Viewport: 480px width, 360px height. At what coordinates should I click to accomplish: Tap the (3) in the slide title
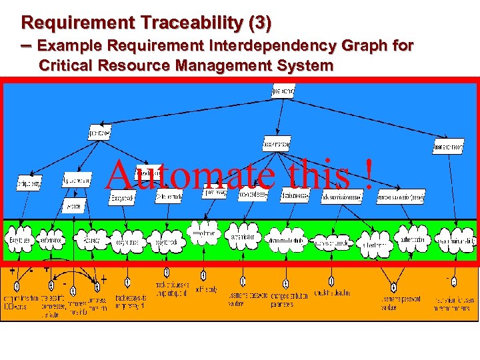[259, 23]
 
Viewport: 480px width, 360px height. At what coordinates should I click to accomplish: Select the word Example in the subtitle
[66, 46]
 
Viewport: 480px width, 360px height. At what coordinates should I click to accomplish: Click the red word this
[321, 175]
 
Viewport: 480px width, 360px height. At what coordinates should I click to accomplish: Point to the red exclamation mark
[367, 175]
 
